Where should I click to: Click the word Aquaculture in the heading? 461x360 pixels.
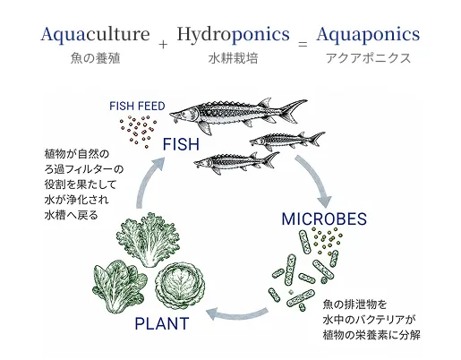95,35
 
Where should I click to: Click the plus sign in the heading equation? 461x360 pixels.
163,45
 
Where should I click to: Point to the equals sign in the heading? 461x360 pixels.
303,45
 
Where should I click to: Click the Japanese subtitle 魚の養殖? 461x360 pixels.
96,58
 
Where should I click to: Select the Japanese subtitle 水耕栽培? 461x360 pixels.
233,58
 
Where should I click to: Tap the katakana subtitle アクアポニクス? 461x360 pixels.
368,58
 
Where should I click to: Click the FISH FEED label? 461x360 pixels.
137,107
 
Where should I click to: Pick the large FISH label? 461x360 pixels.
181,144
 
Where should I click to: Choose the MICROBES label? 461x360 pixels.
324,219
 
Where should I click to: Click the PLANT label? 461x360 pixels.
162,323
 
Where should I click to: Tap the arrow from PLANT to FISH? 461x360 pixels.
146,181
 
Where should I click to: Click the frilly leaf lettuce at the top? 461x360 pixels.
149,239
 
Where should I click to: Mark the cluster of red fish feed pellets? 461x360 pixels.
138,132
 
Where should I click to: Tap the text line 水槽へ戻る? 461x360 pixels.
71,215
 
